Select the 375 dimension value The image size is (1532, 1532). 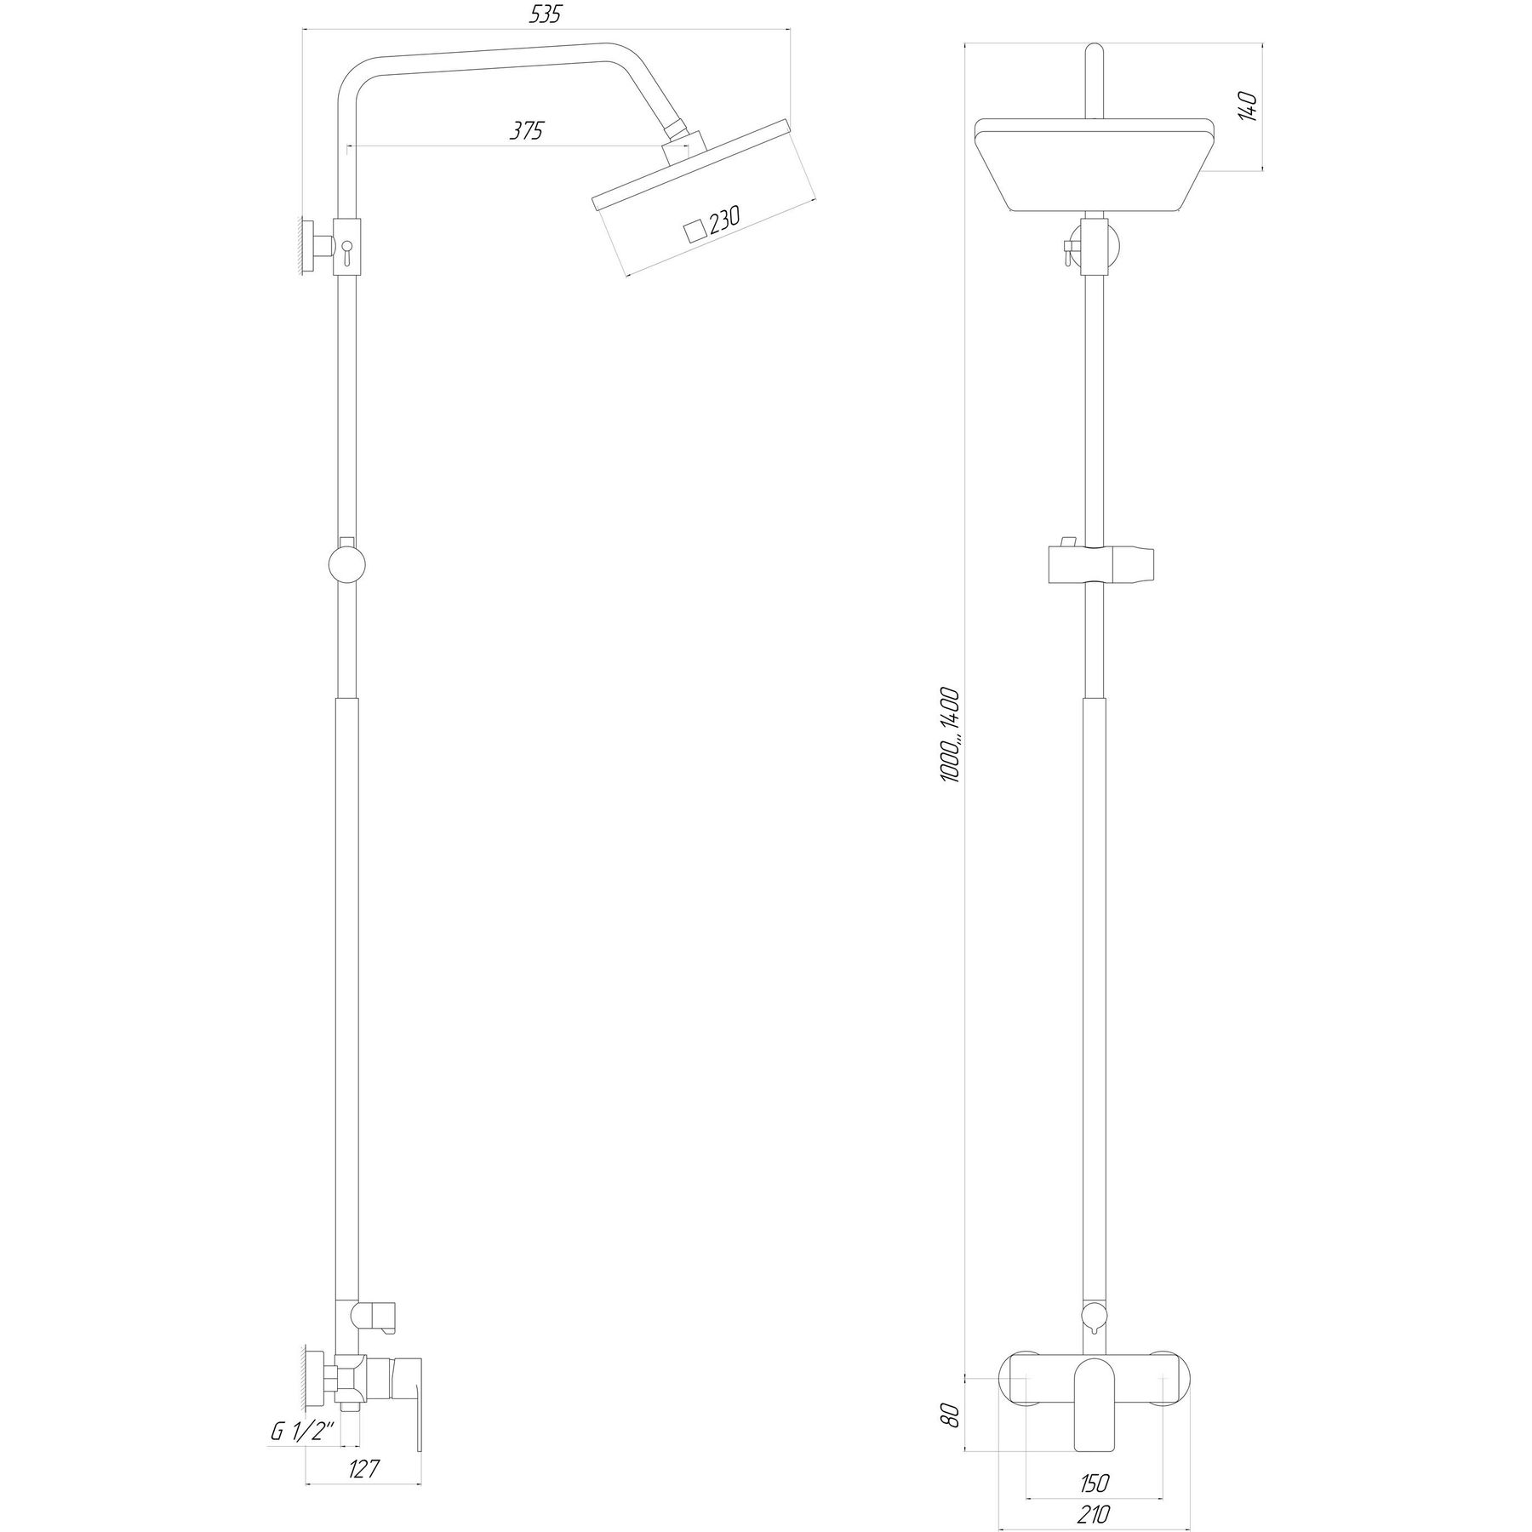[526, 131]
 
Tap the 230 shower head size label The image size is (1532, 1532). [725, 220]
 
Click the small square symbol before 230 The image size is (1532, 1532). [697, 230]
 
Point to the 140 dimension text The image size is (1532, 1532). [1248, 107]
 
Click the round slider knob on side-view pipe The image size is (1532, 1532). [346, 565]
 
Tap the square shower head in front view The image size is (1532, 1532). [1094, 165]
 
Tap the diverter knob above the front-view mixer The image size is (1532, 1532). [1094, 1314]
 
